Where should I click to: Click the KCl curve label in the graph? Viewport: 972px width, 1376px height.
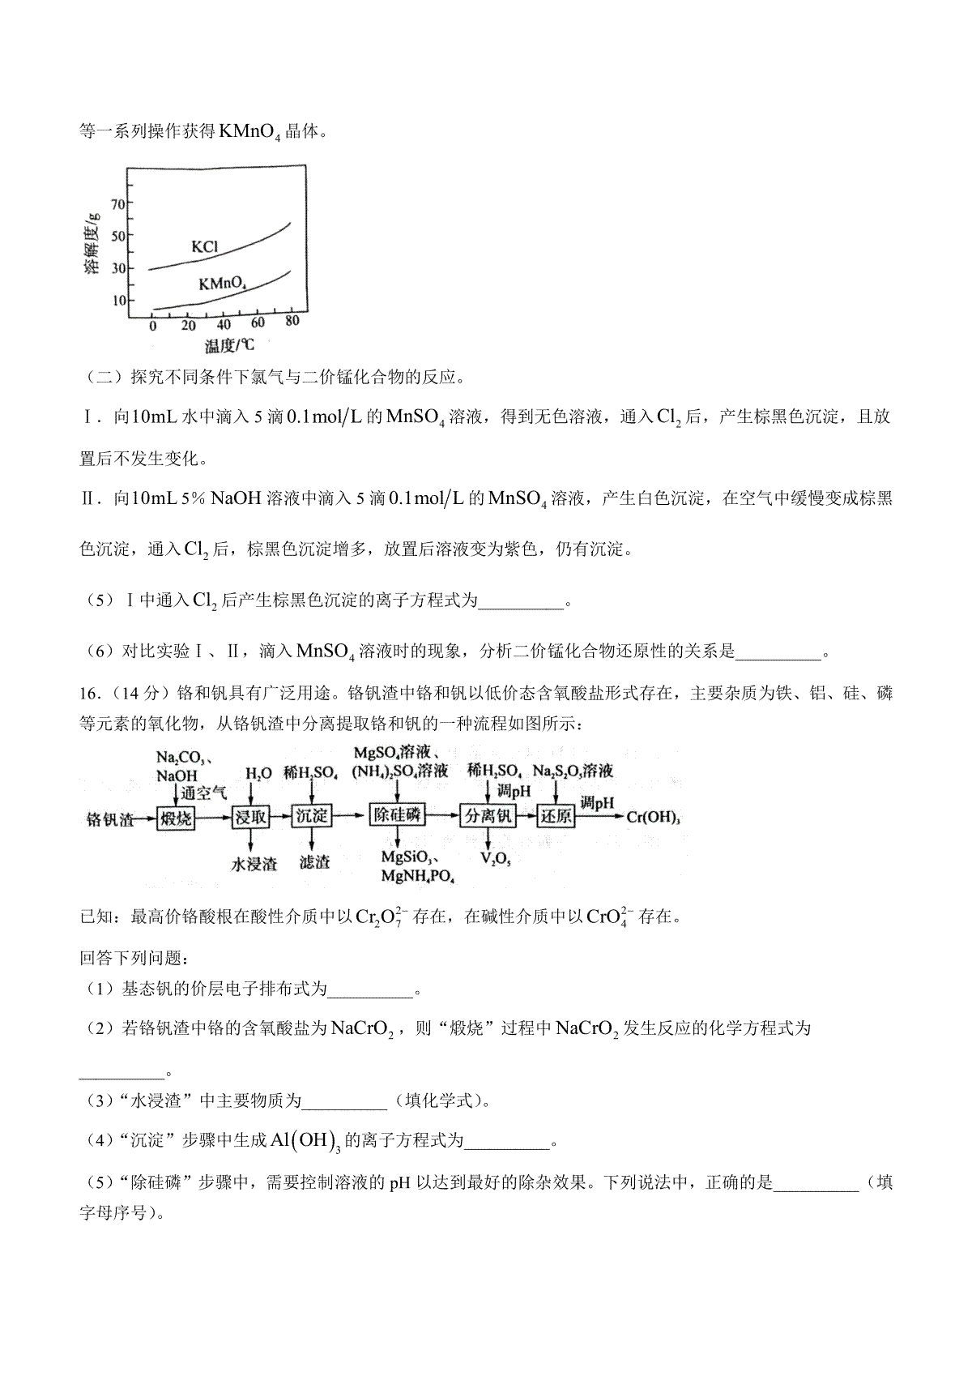pos(204,246)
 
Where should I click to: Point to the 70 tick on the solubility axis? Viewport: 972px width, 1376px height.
pos(118,203)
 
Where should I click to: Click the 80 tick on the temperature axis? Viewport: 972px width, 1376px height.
pos(292,321)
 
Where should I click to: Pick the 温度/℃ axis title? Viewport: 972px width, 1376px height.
pos(229,346)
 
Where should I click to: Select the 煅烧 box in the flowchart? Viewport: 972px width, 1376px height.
pos(176,818)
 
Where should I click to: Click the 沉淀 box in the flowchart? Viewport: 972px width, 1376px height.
pos(311,818)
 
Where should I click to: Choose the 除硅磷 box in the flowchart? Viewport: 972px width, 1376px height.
pos(396,816)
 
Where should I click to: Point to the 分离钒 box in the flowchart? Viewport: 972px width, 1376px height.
pos(487,817)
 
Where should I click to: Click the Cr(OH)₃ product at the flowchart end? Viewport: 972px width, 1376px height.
pos(653,818)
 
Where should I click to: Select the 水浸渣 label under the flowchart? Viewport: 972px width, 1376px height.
pos(254,864)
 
